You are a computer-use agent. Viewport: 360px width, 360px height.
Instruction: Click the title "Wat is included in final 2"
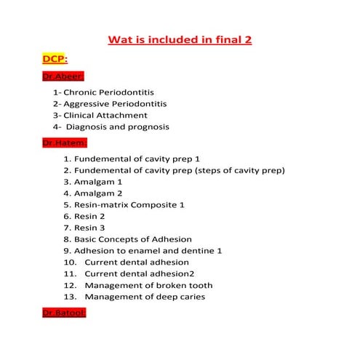click(180, 39)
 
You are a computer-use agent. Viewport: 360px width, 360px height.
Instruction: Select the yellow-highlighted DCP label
click(55, 57)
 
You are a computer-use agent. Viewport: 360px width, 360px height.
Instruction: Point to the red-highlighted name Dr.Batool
click(64, 313)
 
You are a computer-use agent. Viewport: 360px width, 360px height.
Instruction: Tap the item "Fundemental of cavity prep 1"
click(137, 159)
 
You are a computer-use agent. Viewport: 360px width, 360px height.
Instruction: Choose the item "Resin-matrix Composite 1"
click(129, 205)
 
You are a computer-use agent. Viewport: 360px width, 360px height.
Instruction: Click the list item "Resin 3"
click(89, 228)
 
